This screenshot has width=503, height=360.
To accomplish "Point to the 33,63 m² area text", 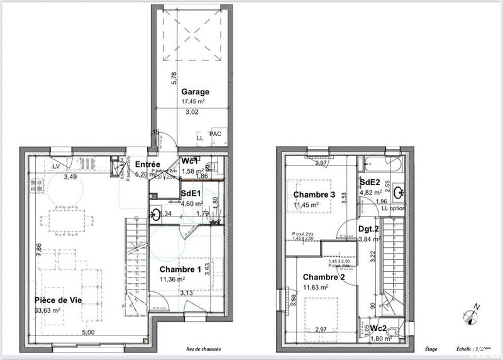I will (48, 310).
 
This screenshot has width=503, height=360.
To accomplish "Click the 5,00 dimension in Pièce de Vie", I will (87, 332).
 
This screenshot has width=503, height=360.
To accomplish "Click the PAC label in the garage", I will (215, 134).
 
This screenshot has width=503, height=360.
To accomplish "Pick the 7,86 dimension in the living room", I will (39, 248).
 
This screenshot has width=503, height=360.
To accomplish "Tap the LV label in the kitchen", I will (57, 166).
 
